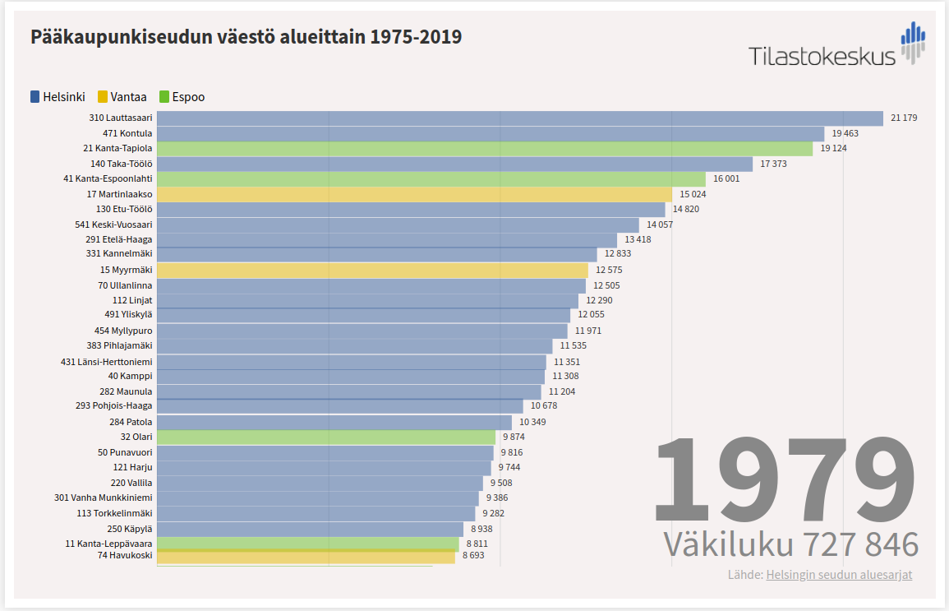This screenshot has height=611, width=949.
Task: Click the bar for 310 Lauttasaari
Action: pos(519,118)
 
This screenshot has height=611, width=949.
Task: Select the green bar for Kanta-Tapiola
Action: pos(485,149)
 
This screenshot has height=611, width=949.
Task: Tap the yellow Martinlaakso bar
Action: pos(414,194)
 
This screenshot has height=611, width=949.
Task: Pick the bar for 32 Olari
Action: pos(326,437)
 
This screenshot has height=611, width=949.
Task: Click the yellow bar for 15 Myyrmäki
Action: pos(372,270)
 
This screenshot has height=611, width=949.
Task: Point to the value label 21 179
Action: pos(904,118)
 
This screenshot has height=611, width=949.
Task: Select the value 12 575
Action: pos(609,270)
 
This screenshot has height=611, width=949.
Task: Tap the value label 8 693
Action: pos(473,557)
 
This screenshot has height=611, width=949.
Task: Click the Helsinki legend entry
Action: pos(58,97)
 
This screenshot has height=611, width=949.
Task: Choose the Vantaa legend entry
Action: pos(122,97)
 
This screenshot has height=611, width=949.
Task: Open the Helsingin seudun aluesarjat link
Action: pos(839,575)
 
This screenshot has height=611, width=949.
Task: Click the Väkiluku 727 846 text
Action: pos(790,545)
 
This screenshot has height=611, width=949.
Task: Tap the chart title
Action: pos(246,37)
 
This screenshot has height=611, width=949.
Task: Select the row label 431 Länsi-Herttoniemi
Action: pos(106,362)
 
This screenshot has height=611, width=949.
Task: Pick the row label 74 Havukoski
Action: pos(125,557)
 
